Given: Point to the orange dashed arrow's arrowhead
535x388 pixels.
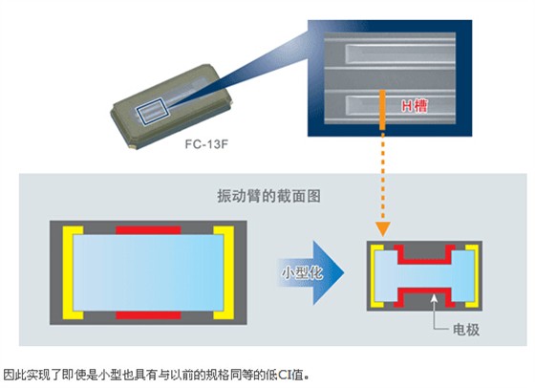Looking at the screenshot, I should click(x=381, y=230).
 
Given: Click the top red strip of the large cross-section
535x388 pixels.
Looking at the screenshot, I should click(x=147, y=230).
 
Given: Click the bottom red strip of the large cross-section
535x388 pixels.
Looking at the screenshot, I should click(x=147, y=313).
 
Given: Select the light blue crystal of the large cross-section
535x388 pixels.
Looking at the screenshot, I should click(x=147, y=271).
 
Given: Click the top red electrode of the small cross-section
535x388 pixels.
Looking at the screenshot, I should click(x=423, y=251).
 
